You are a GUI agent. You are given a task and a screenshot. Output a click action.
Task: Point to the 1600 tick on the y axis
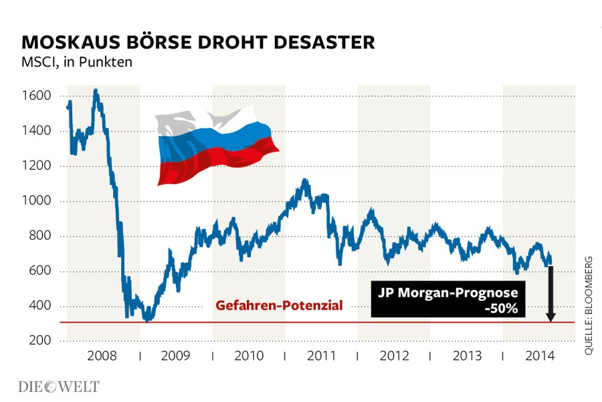click(x=36, y=96)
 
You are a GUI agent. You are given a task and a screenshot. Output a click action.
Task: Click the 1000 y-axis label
click(x=36, y=201)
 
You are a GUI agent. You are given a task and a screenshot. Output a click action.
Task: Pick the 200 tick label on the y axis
click(x=39, y=341)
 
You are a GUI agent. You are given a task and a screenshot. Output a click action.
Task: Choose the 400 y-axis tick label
click(x=39, y=306)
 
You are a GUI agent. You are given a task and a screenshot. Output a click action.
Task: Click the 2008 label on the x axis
click(x=103, y=355)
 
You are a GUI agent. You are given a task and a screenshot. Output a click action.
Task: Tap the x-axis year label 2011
click(x=321, y=355)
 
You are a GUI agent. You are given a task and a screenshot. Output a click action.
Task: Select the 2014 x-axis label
click(x=539, y=355)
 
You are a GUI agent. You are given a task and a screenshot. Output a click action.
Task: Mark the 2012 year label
click(x=394, y=355)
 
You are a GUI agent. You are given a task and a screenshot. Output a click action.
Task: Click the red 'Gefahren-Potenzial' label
click(x=279, y=306)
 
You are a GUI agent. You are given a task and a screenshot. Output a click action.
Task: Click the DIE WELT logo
click(x=58, y=387)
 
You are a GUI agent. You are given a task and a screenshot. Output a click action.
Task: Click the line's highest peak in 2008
click(x=96, y=90)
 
